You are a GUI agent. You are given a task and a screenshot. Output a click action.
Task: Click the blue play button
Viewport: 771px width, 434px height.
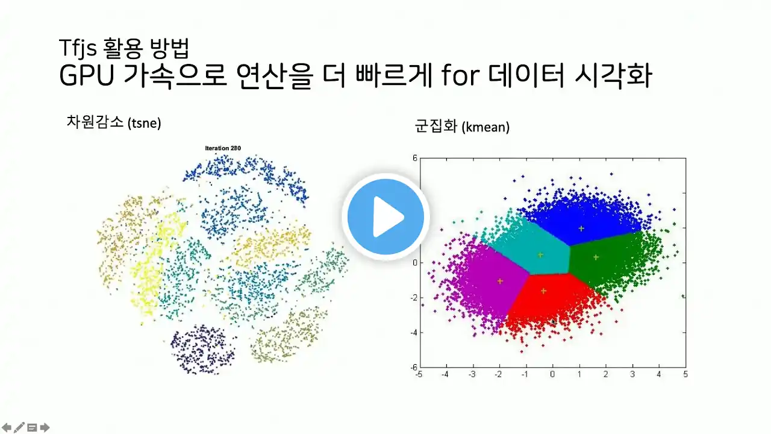(x=385, y=216)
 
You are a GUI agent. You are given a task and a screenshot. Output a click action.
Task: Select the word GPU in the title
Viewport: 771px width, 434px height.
(x=87, y=75)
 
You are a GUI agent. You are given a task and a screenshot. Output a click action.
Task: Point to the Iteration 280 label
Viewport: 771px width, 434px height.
(x=223, y=148)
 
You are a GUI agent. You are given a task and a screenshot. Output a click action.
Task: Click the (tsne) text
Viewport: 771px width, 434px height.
(x=144, y=123)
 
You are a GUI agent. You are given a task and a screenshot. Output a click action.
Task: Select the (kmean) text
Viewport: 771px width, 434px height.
(x=485, y=127)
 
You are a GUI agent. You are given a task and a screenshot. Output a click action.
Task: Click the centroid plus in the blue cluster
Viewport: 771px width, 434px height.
(x=581, y=228)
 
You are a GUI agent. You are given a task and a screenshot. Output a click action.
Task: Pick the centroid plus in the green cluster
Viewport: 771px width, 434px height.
(x=596, y=257)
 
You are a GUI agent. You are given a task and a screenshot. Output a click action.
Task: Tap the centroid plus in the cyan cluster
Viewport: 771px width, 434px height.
(x=540, y=255)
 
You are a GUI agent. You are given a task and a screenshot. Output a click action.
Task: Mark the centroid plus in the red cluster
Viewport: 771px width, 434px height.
(x=543, y=291)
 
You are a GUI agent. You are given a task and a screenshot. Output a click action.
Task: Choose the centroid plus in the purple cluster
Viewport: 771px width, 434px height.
(x=500, y=281)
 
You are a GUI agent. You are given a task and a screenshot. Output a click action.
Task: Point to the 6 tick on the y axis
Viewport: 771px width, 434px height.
(x=415, y=158)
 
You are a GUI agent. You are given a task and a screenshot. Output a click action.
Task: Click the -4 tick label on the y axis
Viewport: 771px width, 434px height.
(x=413, y=333)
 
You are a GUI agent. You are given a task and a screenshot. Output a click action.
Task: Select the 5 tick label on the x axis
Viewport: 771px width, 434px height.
(x=685, y=374)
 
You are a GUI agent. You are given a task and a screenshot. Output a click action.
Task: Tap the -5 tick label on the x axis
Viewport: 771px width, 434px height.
(x=419, y=374)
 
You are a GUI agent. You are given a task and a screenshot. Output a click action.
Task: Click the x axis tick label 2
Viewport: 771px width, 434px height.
(x=605, y=374)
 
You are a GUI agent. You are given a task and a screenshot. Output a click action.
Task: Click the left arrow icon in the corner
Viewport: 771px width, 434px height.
(x=7, y=428)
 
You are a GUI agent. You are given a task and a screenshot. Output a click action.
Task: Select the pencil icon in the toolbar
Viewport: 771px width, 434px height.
(x=19, y=427)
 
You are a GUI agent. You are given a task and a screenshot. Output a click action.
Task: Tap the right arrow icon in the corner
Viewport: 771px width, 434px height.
(x=45, y=428)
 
